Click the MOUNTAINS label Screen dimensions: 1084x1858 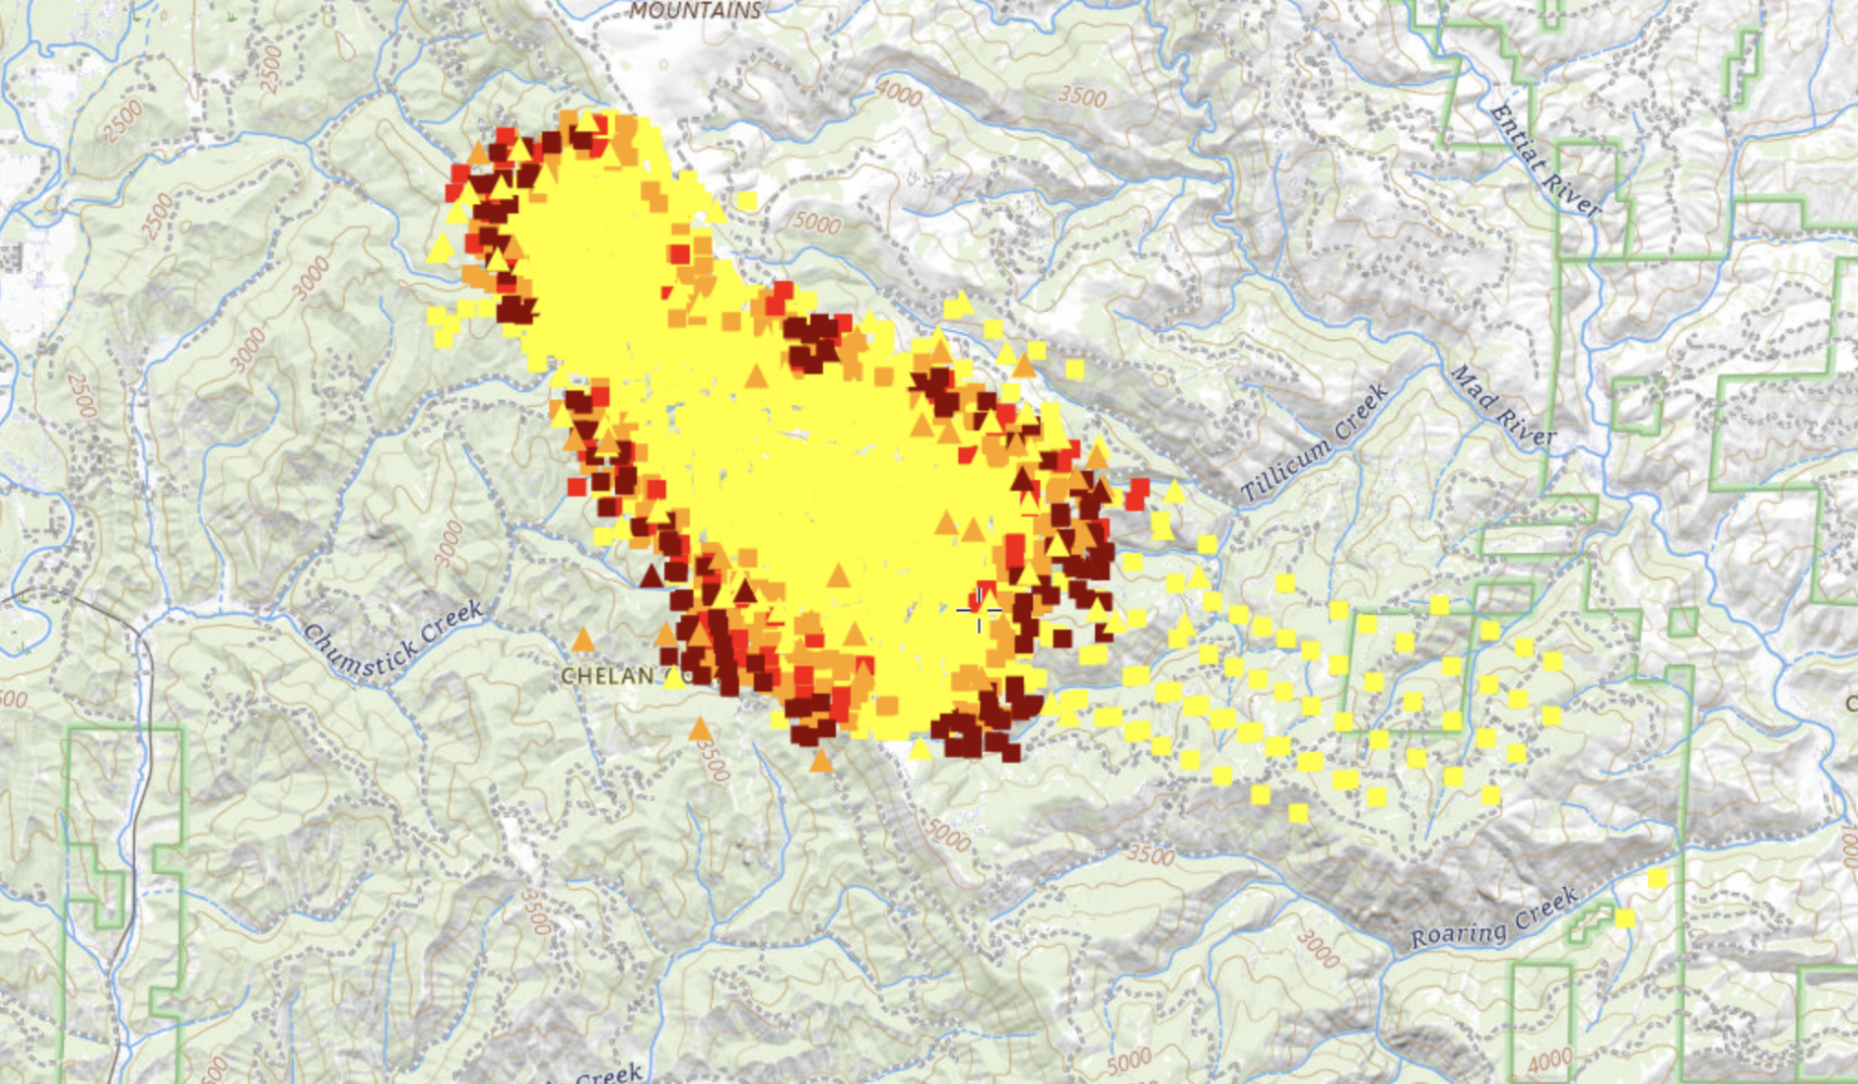point(696,11)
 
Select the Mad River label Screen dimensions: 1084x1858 point(1502,405)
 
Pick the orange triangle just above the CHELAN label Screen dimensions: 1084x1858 point(584,641)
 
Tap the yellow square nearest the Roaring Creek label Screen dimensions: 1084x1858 point(1624,918)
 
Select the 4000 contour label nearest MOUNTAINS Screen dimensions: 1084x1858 point(899,95)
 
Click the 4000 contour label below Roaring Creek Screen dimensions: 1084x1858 point(1549,1061)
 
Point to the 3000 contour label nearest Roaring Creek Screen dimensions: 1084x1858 point(1318,948)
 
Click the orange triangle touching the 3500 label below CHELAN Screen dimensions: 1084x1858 point(700,729)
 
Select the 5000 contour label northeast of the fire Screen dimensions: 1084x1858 point(817,223)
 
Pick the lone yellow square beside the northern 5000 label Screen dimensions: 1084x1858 point(747,201)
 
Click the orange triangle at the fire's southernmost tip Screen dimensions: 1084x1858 point(820,760)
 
